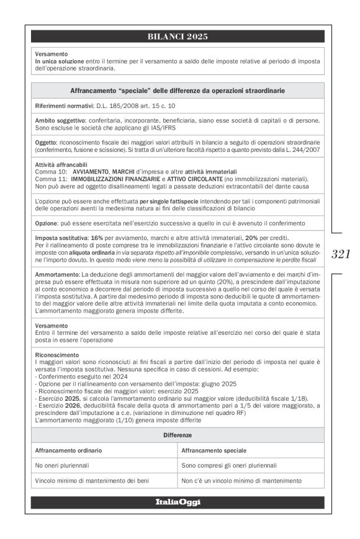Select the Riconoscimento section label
tap(58, 354)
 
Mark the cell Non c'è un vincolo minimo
tap(241, 481)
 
